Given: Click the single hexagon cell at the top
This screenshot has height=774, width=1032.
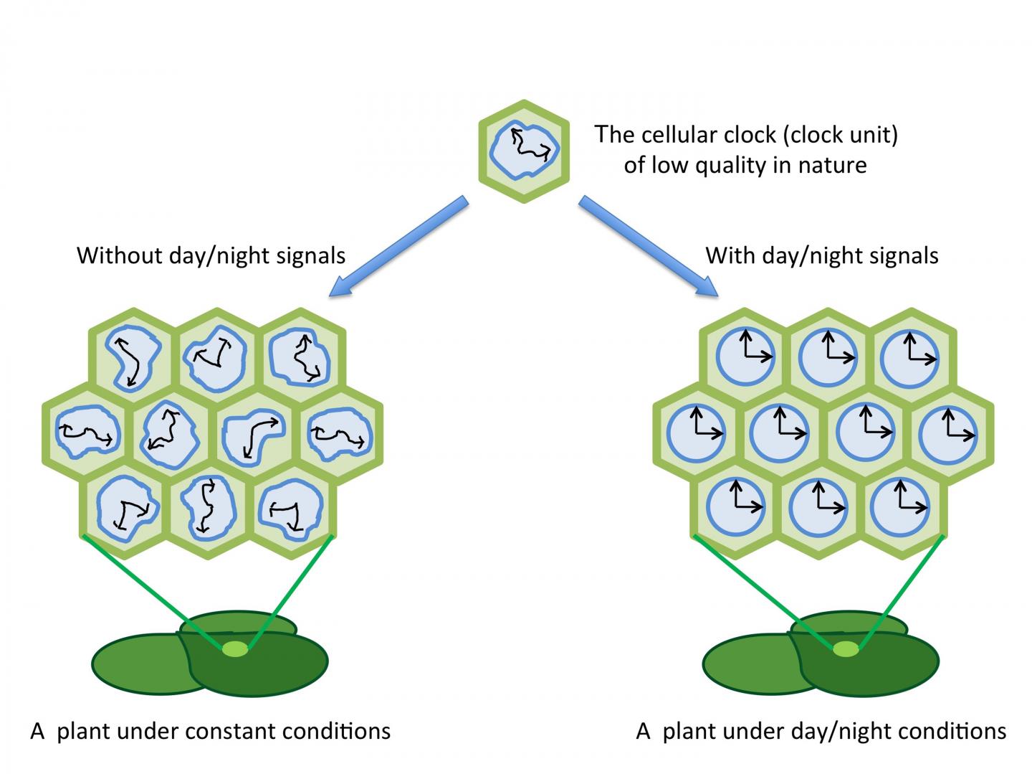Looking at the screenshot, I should click(524, 151).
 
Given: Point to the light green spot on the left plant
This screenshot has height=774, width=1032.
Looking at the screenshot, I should click(235, 649).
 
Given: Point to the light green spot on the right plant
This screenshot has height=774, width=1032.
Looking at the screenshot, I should click(846, 649).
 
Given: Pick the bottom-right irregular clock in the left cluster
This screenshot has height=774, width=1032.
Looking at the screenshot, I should click(290, 509).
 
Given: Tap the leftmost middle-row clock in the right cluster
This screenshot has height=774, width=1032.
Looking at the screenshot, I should click(696, 433).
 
